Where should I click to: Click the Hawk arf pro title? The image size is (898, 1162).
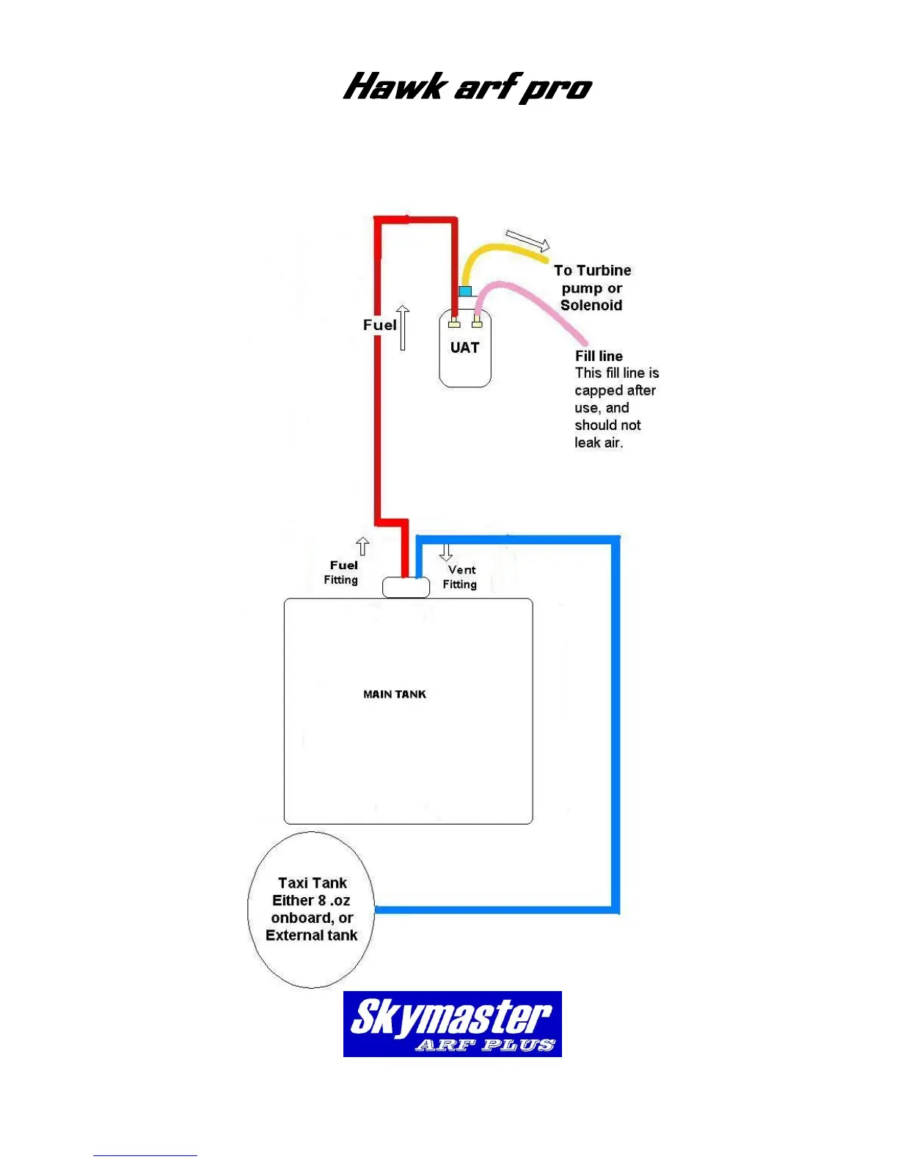[x=467, y=87]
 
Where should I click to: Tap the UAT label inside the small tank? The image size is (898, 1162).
[x=464, y=348]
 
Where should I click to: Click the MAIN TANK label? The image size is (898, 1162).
[x=395, y=694]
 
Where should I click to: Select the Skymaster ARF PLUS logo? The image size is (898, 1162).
[x=452, y=1024]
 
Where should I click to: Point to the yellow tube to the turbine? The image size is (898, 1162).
[x=499, y=250]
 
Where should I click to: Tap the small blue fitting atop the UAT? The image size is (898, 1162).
[x=464, y=291]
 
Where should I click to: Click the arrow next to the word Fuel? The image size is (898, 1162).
[x=403, y=327]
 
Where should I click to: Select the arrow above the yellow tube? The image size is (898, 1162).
[x=528, y=240]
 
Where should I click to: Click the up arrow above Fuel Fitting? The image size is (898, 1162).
[x=362, y=547]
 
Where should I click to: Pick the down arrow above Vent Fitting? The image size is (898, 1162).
[x=445, y=552]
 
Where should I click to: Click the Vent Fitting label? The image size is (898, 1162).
[x=460, y=577]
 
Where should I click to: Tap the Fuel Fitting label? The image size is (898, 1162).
[x=342, y=572]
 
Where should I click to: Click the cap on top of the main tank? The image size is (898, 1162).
[x=406, y=588]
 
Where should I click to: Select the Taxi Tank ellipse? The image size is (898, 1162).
[x=312, y=910]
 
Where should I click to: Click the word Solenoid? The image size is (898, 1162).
[x=591, y=305]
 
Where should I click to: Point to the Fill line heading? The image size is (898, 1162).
[x=599, y=356]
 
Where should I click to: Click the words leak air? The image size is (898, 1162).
[x=599, y=442]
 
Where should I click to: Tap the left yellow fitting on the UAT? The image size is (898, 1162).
[x=455, y=322]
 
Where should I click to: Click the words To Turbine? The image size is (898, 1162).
[x=592, y=270]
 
